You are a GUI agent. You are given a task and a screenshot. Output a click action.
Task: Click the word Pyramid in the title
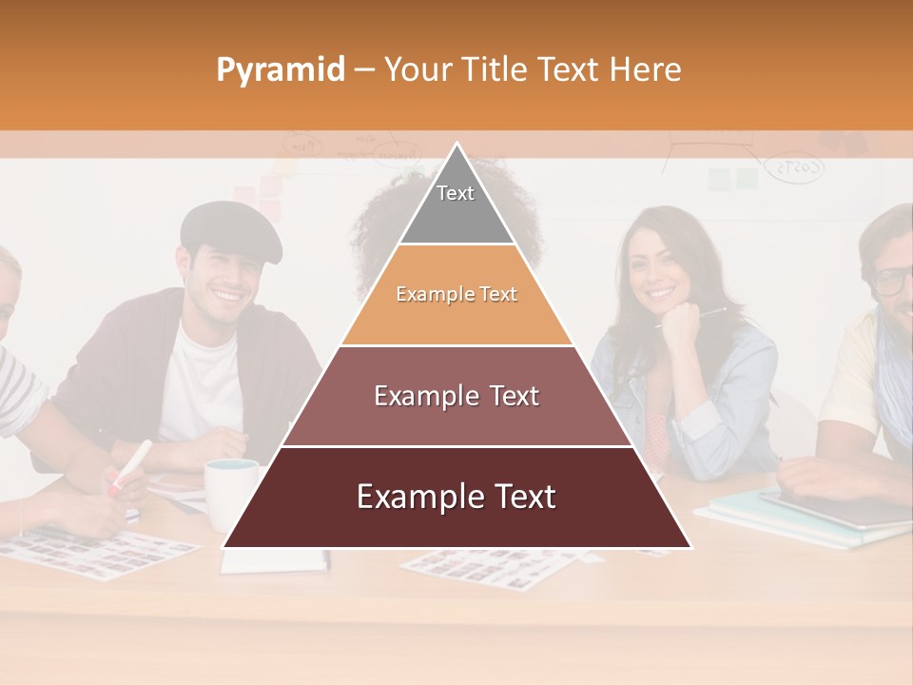(281, 70)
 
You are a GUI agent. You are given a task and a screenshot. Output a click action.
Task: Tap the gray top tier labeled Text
(456, 205)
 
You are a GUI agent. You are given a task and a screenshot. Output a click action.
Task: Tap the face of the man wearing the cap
(226, 281)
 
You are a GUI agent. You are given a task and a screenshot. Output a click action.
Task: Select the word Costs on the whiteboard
(795, 169)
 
